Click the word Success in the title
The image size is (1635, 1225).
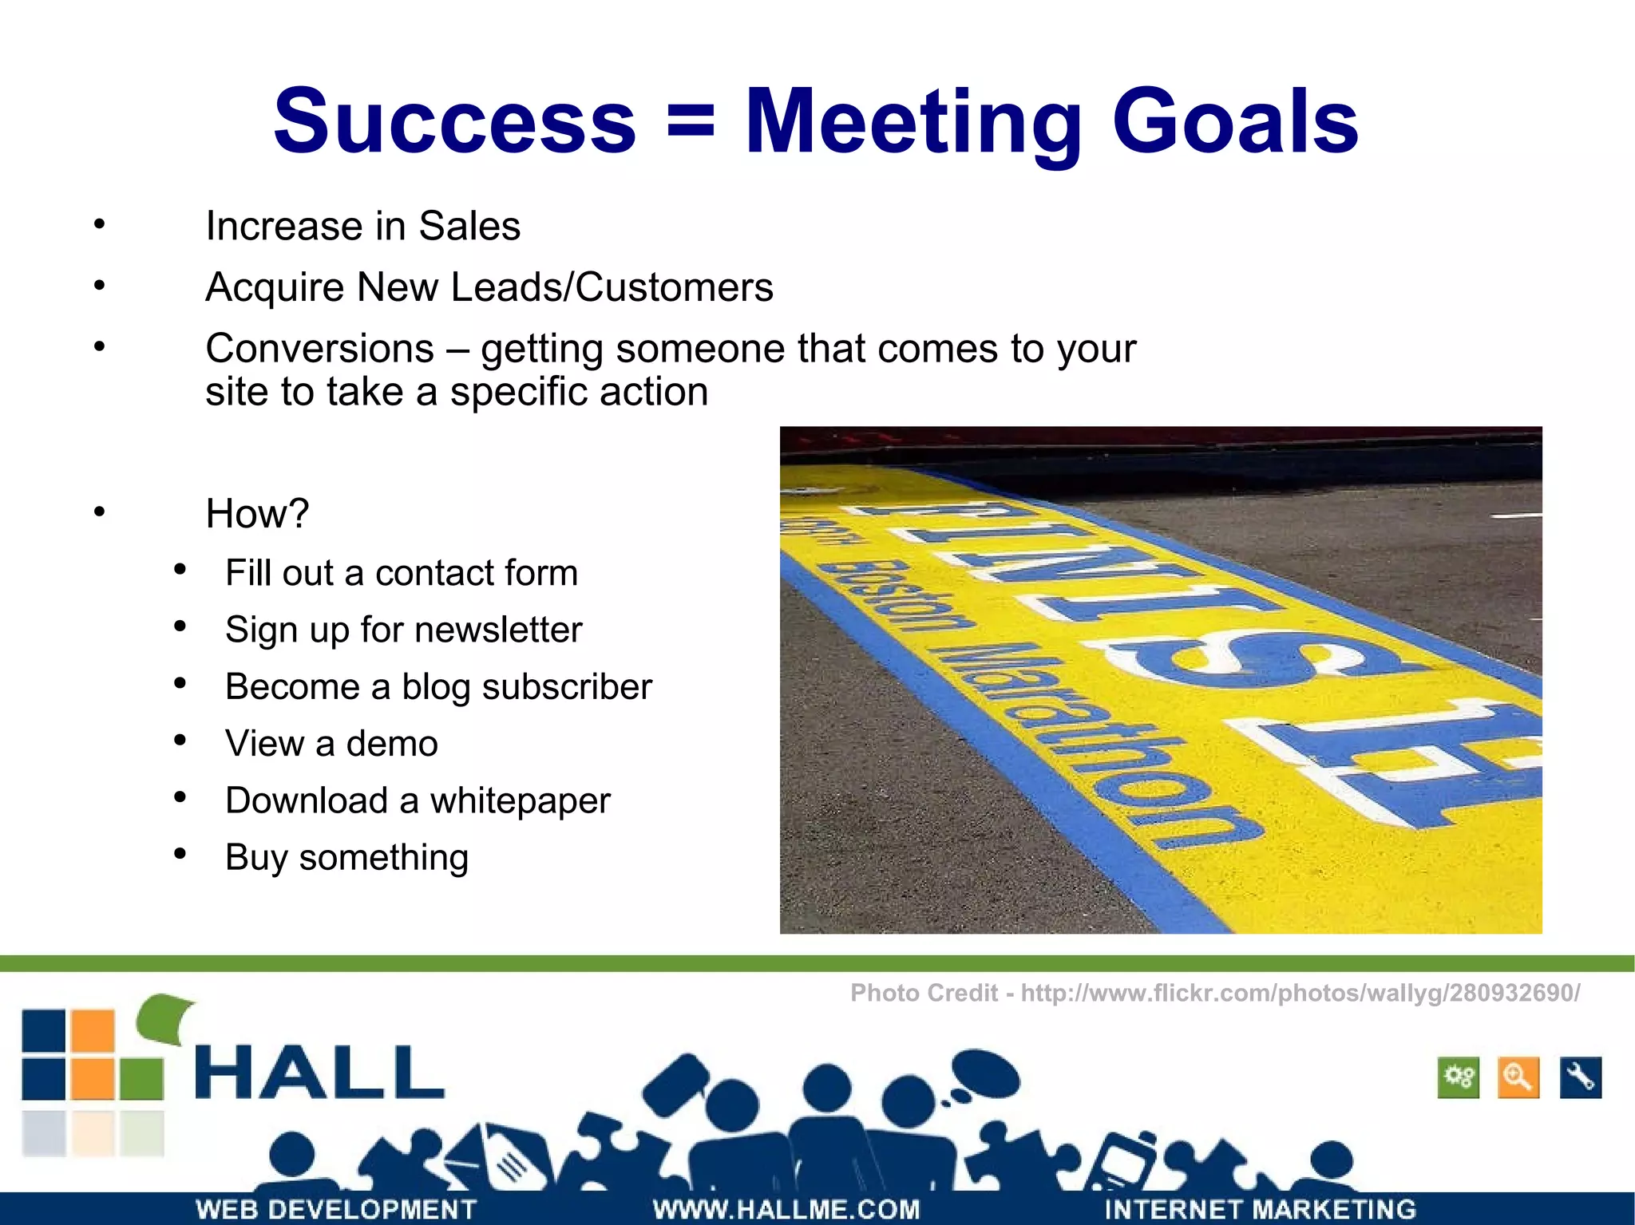tap(454, 122)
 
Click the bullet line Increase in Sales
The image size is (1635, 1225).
tap(362, 226)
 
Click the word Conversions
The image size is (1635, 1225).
tap(319, 349)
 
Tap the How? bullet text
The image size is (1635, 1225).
tap(256, 513)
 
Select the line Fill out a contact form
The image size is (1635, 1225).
tap(401, 573)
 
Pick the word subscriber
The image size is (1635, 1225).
tap(526, 687)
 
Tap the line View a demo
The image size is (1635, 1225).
tap(331, 744)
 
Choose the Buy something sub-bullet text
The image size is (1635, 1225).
tap(346, 858)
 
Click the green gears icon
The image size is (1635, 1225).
tap(1458, 1077)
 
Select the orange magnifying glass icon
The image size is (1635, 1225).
tap(1518, 1077)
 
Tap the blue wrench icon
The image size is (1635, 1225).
tap(1580, 1077)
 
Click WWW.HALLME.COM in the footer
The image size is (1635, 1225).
tap(786, 1209)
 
